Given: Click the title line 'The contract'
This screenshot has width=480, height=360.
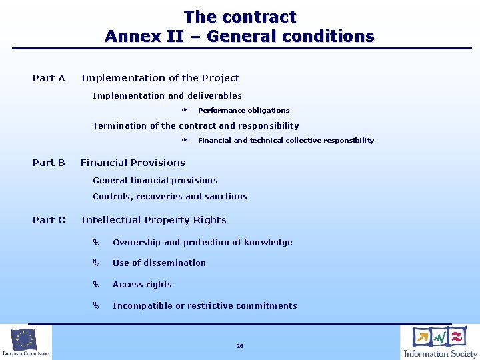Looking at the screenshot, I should [x=239, y=17].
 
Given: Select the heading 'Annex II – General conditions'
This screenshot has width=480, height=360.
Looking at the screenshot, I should [x=239, y=36].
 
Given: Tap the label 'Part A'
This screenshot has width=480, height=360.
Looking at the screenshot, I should [x=49, y=78].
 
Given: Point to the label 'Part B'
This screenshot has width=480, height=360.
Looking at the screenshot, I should [x=49, y=163].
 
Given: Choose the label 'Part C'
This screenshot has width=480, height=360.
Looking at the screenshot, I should [x=49, y=220].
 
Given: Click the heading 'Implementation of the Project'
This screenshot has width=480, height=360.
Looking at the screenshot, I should [x=160, y=78].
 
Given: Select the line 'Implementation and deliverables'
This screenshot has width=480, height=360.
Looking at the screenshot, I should [x=167, y=96].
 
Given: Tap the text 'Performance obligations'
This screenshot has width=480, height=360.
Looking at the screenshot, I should [x=243, y=111].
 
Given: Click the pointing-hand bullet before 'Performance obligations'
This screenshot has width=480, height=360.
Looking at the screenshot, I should [x=186, y=110].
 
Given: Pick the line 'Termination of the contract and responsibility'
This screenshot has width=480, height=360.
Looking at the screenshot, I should [x=196, y=125].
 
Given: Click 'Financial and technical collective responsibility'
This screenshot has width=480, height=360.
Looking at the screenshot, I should [x=286, y=141].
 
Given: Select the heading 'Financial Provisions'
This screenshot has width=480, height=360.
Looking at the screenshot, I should [x=133, y=163].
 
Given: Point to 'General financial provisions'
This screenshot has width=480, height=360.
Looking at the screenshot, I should [x=155, y=181].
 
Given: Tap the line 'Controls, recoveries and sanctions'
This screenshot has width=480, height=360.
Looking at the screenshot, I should [x=170, y=197].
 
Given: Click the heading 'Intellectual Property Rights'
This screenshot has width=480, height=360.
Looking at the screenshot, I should [x=153, y=220].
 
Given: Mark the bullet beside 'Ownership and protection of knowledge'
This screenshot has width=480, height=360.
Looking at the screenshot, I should [x=96, y=243].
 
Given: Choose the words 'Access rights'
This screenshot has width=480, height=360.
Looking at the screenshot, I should [x=142, y=285].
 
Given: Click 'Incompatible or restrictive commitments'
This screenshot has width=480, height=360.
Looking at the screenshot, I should [x=205, y=306].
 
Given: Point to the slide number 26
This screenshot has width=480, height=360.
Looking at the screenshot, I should [x=239, y=346].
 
